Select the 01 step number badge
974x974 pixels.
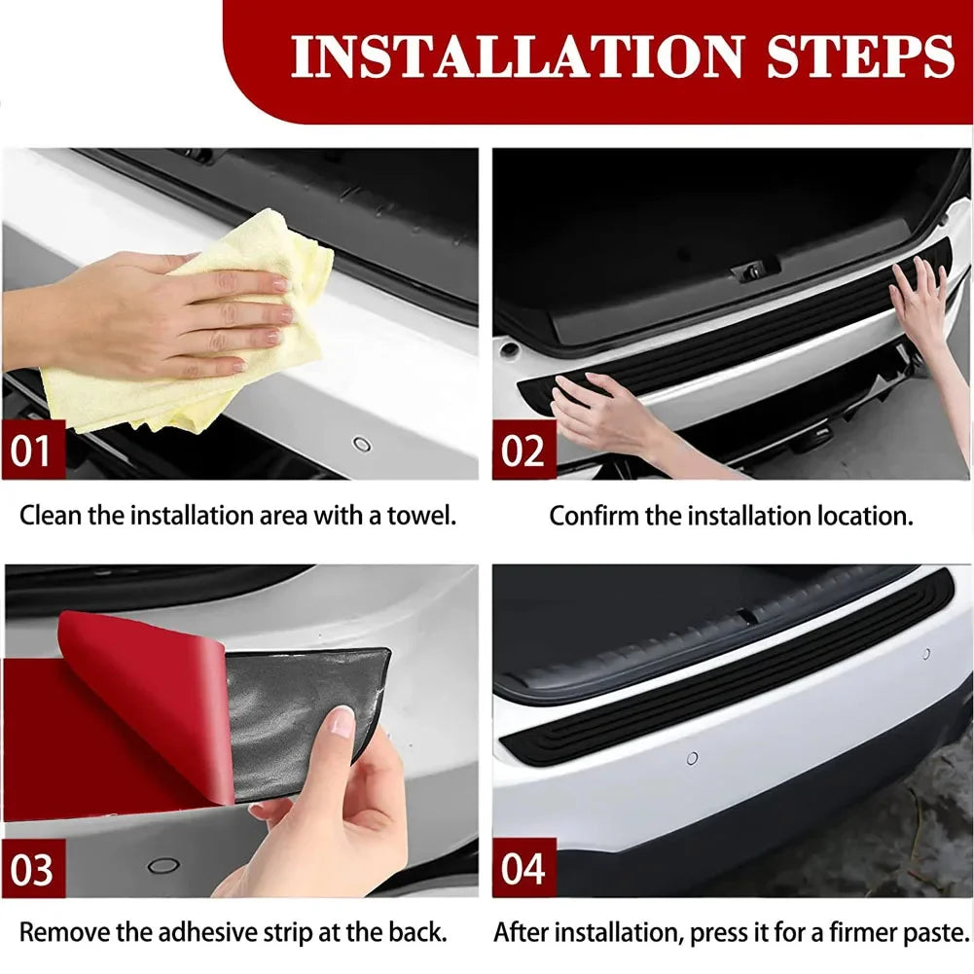pos(32,451)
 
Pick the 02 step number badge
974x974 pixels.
pos(523,451)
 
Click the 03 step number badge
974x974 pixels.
pos(32,869)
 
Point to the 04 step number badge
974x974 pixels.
pos(523,869)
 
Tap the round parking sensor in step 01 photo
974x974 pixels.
pos(362,444)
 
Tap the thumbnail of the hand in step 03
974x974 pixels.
pos(342,721)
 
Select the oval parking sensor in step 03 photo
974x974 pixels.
pos(162,865)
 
